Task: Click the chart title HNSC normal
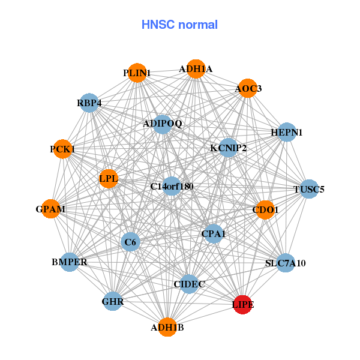click(179, 25)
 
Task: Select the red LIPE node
click(242, 305)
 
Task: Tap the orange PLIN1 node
click(137, 73)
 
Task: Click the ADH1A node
click(195, 69)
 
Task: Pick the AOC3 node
click(247, 89)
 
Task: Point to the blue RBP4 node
click(89, 103)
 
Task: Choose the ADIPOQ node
click(163, 124)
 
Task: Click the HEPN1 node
click(287, 132)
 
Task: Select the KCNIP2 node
click(228, 148)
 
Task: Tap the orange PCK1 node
click(63, 149)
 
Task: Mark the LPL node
click(109, 178)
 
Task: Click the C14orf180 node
click(172, 187)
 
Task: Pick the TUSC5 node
click(309, 190)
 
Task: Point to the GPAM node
click(51, 209)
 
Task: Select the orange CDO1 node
click(265, 210)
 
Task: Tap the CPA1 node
click(213, 233)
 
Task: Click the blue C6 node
click(130, 242)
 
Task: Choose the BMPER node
click(70, 262)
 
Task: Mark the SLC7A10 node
click(286, 263)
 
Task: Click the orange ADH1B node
click(167, 328)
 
